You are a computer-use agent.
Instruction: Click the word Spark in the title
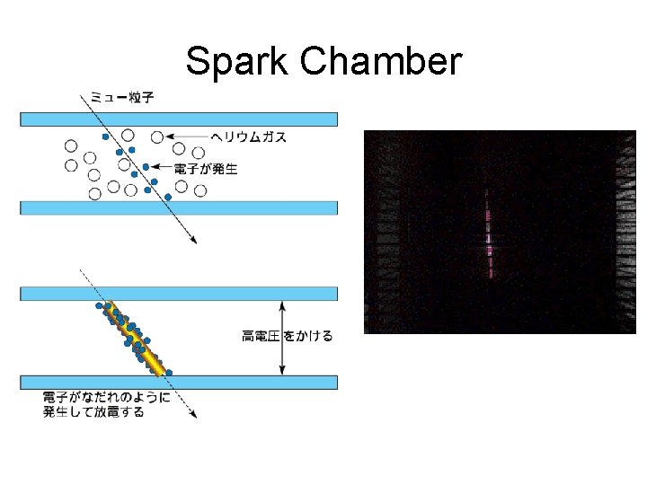click(237, 63)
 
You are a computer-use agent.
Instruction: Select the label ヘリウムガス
click(249, 137)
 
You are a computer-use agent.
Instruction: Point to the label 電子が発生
click(206, 168)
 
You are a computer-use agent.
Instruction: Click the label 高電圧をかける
click(288, 336)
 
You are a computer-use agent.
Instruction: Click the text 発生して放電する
click(93, 412)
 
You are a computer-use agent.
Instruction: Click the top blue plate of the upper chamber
click(179, 119)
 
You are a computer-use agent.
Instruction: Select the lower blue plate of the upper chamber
click(179, 207)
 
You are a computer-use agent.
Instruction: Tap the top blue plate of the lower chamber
click(179, 294)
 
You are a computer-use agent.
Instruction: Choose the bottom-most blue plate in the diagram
click(179, 382)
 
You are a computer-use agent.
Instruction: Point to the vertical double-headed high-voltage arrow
click(282, 338)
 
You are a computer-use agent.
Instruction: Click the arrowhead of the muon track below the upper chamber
click(192, 239)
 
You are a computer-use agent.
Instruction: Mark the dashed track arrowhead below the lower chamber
click(193, 413)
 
